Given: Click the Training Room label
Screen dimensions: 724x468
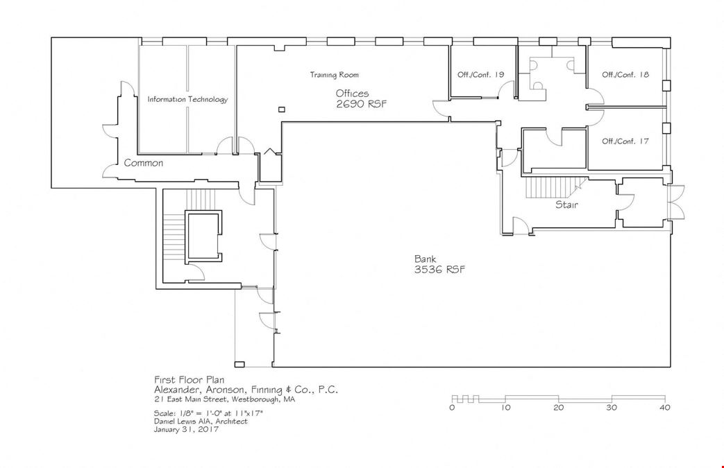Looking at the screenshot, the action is click(x=334, y=75).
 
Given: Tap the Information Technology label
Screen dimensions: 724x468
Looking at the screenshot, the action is click(x=187, y=99).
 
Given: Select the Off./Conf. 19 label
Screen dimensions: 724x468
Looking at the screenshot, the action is click(x=480, y=74).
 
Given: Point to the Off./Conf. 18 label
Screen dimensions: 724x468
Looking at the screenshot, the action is click(x=625, y=74).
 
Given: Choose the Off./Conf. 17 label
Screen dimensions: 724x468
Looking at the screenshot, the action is click(x=625, y=141).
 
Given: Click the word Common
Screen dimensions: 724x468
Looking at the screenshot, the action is click(x=143, y=163).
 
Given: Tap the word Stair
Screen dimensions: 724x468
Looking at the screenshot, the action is click(x=566, y=205).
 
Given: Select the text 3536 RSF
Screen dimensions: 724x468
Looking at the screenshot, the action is click(x=439, y=270).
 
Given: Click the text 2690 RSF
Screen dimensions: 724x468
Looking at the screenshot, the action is click(x=361, y=104).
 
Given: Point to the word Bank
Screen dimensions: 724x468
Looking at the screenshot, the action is click(x=425, y=259).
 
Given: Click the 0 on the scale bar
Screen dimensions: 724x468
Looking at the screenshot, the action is click(x=452, y=408).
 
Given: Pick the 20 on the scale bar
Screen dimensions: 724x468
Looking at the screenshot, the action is click(x=559, y=408).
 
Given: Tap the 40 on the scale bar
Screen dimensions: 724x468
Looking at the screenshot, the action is click(x=665, y=408).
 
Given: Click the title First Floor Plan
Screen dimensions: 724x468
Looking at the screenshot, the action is click(x=190, y=380).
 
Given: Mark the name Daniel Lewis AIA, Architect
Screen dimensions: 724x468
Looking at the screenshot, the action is click(x=201, y=422).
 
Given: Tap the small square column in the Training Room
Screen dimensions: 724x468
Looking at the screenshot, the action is click(x=282, y=110).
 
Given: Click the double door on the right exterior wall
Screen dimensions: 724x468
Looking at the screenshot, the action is click(x=677, y=202).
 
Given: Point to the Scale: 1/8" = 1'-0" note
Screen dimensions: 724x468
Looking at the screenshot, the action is click(x=208, y=413).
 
